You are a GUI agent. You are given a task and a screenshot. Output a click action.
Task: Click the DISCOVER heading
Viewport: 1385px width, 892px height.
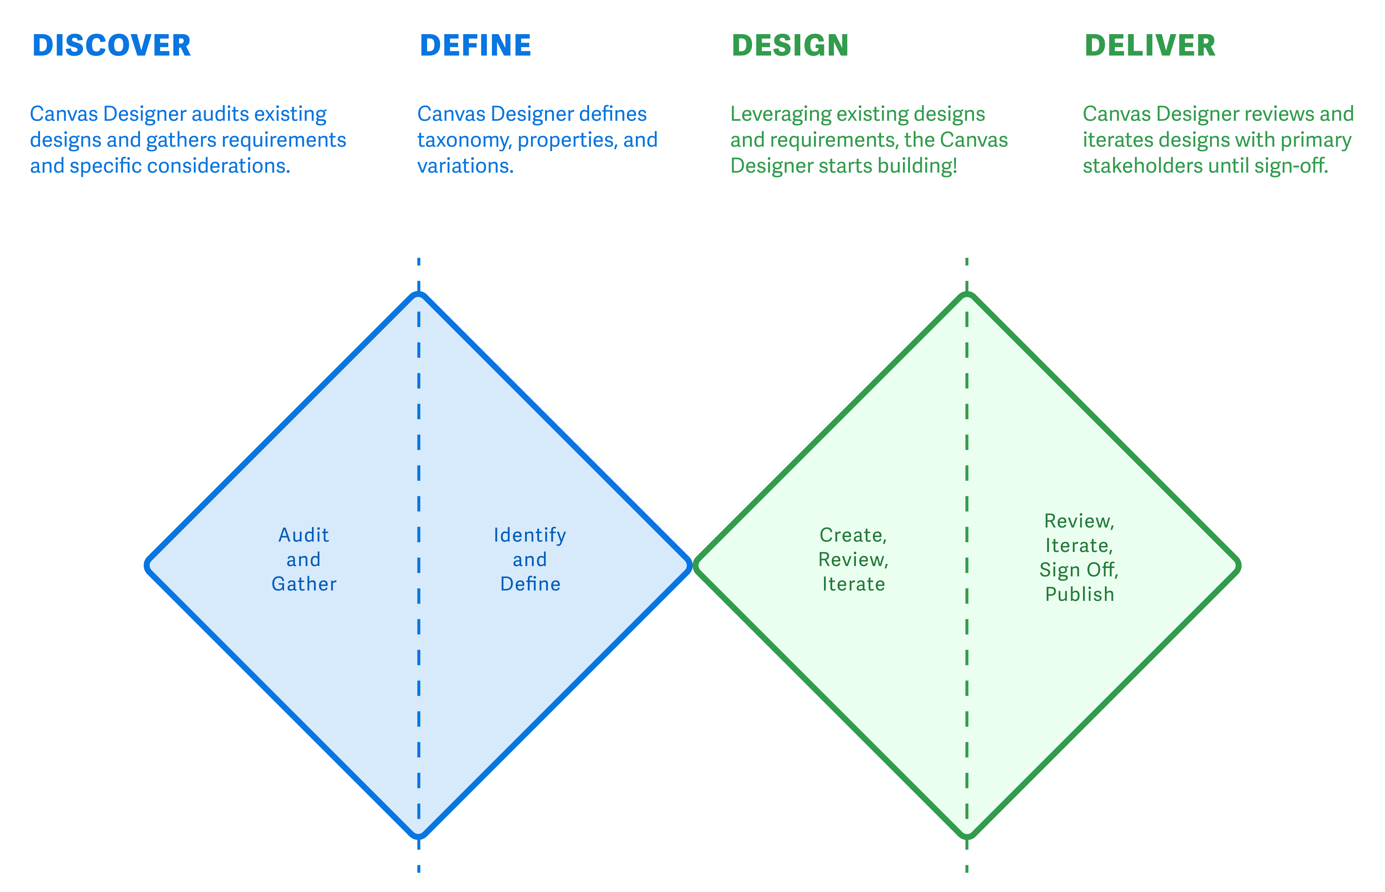tap(111, 46)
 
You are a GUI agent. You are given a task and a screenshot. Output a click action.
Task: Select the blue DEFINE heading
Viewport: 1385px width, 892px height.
tap(475, 46)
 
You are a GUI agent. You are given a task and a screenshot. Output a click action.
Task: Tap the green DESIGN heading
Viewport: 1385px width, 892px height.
tap(790, 46)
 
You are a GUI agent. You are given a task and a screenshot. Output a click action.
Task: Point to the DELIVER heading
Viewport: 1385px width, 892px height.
tap(1150, 46)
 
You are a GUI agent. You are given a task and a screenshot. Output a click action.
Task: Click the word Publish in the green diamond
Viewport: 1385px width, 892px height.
tap(1079, 594)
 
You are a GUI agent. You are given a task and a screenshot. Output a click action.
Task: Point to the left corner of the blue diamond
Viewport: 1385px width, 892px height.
tap(148, 565)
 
